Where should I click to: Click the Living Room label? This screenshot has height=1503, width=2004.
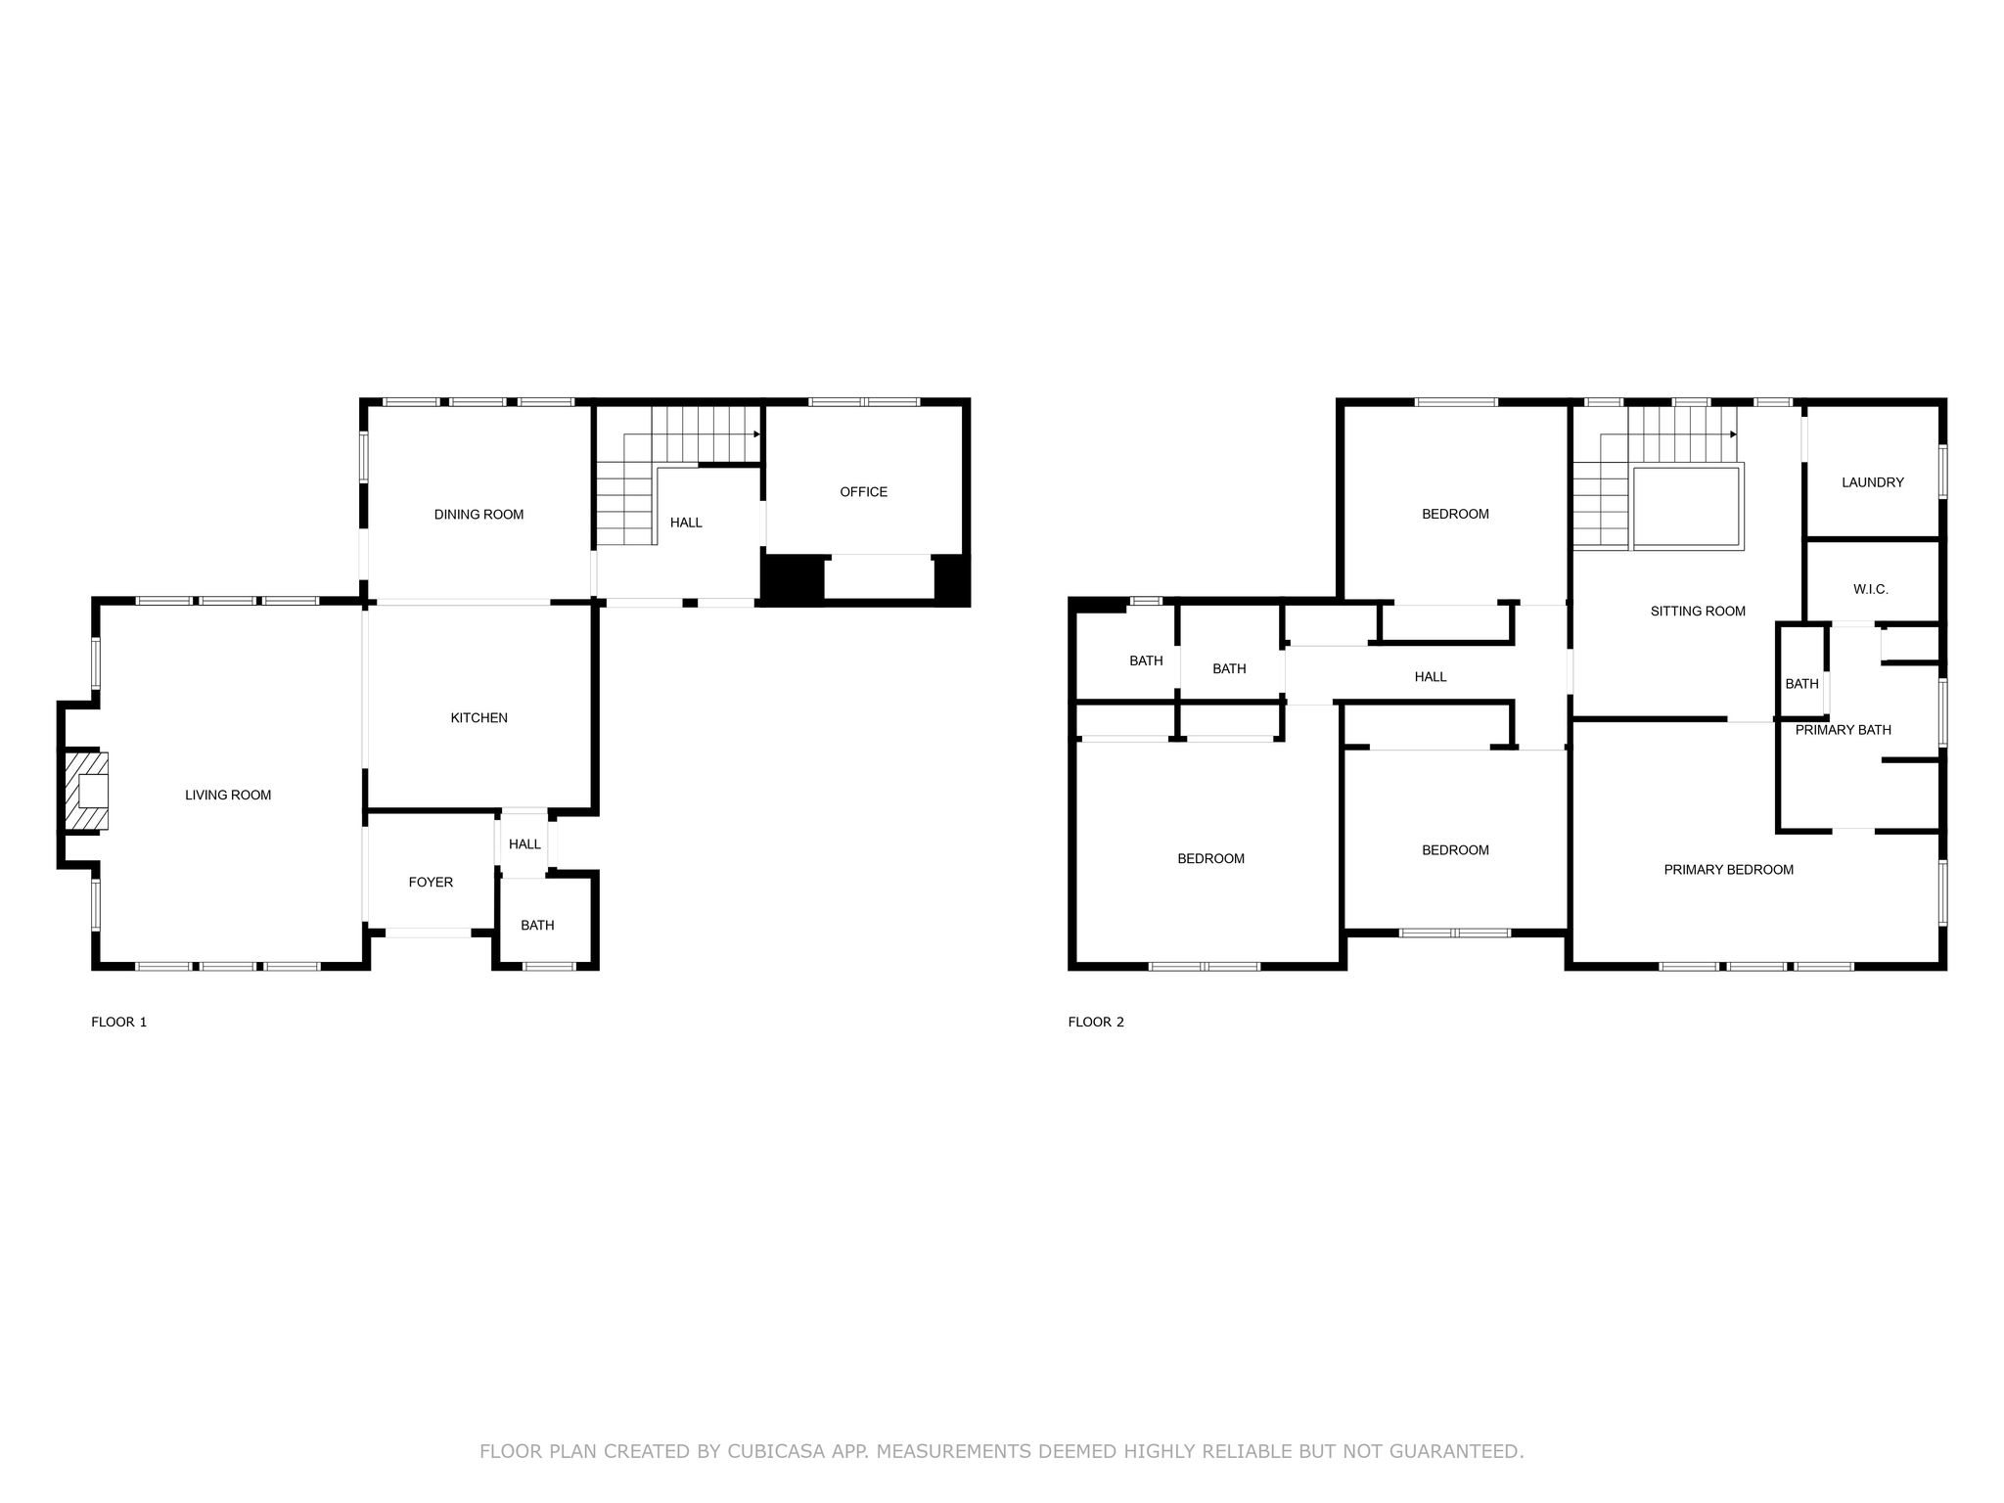click(228, 796)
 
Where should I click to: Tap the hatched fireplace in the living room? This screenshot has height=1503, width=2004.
click(86, 791)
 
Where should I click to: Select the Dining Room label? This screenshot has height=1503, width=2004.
click(478, 515)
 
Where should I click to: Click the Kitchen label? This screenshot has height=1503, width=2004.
click(478, 718)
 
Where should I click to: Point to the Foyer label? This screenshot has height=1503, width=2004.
click(431, 883)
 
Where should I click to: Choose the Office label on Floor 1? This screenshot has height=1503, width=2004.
click(863, 492)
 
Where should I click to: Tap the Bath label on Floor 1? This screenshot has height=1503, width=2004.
click(537, 926)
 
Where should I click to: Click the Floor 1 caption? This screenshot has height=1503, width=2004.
click(118, 1023)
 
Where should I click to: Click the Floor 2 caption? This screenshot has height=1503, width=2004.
click(1096, 1023)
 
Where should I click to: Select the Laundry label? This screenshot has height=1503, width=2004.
click(1872, 482)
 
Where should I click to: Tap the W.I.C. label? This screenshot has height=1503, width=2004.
click(1870, 590)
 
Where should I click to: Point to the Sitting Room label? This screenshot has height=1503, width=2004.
click(1698, 612)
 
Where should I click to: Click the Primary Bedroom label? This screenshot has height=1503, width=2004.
click(1728, 870)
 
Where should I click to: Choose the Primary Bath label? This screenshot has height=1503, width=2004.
click(1843, 730)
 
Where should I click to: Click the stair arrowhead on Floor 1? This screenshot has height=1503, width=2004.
click(756, 434)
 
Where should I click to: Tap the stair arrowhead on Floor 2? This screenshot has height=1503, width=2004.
click(1733, 434)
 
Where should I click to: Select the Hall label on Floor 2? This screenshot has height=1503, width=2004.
click(1430, 677)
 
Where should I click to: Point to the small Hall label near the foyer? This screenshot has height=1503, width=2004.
click(524, 844)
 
